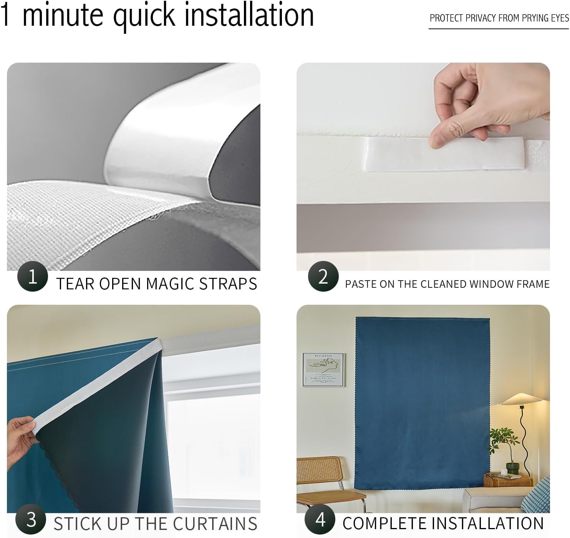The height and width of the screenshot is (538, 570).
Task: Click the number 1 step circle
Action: pyautogui.click(x=32, y=276)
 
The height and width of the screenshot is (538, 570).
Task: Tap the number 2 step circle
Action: pyautogui.click(x=323, y=276)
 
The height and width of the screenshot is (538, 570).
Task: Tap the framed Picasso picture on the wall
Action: pyautogui.click(x=323, y=370)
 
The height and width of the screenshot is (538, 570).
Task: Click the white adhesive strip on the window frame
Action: pyautogui.click(x=444, y=154)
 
